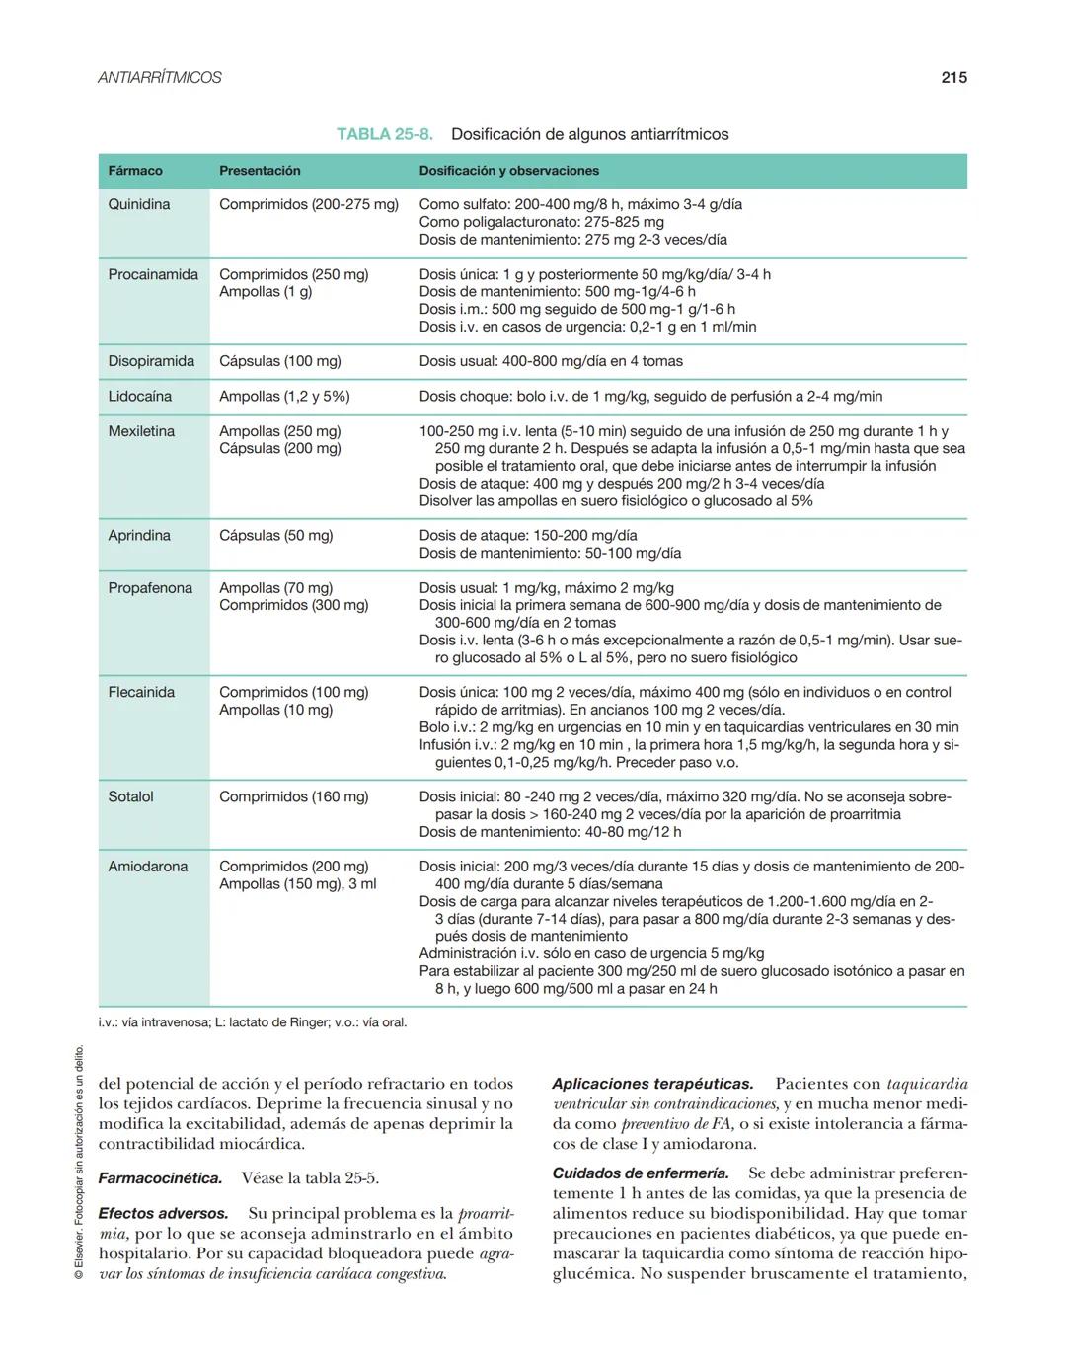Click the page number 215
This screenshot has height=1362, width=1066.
coord(953,77)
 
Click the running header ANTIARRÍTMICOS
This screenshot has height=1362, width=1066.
coord(160,77)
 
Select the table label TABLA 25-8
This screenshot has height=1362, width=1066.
coord(385,134)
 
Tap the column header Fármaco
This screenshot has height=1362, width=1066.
coord(135,171)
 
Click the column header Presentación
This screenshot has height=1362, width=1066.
coord(260,171)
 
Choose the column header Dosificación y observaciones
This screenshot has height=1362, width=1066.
coord(508,171)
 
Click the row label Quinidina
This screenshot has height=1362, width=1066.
coord(139,204)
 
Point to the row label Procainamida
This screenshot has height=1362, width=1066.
coord(153,274)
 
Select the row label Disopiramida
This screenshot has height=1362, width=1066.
coord(151,361)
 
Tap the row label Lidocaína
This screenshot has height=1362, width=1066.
coord(140,396)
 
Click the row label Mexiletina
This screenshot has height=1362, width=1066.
coord(141,431)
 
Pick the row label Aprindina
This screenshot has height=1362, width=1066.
coord(139,535)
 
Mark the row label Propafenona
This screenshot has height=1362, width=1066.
coord(149,588)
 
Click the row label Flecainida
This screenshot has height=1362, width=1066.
coord(141,692)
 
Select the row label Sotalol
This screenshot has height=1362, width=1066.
coord(130,796)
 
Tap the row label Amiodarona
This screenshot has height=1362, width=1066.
coord(147,867)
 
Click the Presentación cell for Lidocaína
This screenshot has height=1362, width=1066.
coord(284,396)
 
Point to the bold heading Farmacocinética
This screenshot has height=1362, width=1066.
coord(160,1178)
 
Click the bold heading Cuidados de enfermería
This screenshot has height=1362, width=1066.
coord(641,1173)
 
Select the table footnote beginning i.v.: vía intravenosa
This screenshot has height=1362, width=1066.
coord(253,1022)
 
